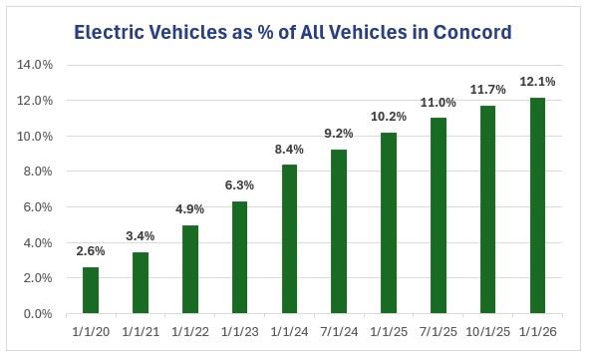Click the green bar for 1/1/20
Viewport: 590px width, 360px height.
pyautogui.click(x=91, y=290)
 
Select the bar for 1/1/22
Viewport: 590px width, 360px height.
pyautogui.click(x=190, y=269)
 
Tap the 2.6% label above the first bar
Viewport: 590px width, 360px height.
pyautogui.click(x=91, y=250)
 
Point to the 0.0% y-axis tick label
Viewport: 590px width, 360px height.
pyautogui.click(x=38, y=314)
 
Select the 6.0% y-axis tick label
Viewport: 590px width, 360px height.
pyautogui.click(x=38, y=207)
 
